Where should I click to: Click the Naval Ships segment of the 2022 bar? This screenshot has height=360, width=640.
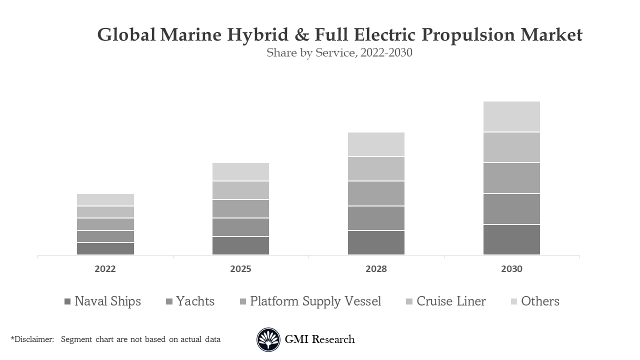point(105,248)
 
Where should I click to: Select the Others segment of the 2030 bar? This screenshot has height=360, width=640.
point(511,116)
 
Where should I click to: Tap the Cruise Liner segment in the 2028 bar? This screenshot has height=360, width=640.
point(376,168)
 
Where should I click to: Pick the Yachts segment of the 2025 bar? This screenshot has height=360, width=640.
point(240,227)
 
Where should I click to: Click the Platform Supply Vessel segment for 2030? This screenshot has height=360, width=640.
point(511,178)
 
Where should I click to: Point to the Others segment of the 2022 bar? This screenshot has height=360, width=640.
point(105,199)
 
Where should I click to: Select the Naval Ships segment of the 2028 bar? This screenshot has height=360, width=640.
point(376,242)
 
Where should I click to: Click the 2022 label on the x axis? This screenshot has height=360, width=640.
point(105,269)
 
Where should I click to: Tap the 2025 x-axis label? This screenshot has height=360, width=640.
point(240,269)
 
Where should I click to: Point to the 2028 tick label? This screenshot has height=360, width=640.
point(376,269)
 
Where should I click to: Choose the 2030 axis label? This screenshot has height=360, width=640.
point(511,269)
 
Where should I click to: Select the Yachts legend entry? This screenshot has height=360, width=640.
point(190,301)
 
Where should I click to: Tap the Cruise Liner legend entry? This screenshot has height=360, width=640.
point(445,301)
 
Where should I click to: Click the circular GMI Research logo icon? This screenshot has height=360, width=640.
point(268,340)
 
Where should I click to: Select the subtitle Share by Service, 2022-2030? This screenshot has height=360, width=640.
point(339,52)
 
